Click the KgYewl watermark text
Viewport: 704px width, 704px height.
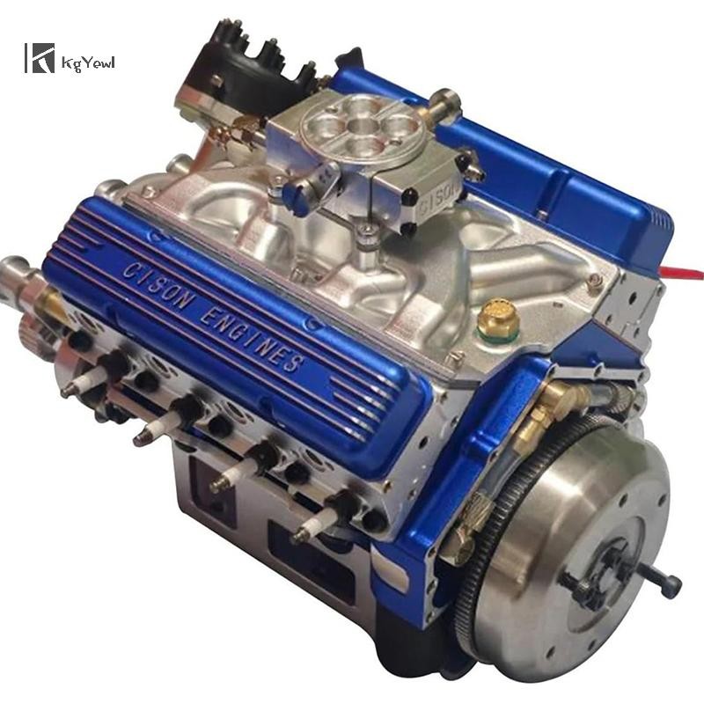pyautogui.click(x=89, y=62)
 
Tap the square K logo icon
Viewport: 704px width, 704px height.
pyautogui.click(x=40, y=58)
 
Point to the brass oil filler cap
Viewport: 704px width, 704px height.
pyautogui.click(x=497, y=319)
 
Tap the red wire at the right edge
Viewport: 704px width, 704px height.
pyautogui.click(x=681, y=272)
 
